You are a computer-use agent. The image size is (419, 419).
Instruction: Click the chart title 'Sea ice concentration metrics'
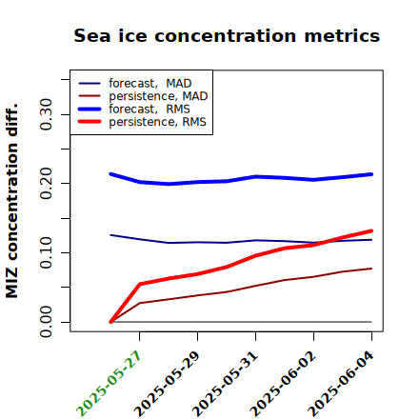(227, 35)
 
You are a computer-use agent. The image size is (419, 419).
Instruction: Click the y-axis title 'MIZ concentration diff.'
(11, 201)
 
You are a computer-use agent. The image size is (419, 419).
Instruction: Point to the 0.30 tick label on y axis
(47, 114)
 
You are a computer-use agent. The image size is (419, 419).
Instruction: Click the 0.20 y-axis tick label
(47, 183)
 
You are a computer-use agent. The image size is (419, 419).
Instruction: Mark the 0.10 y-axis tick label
(47, 252)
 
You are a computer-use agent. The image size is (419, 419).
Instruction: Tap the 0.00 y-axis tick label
(47, 322)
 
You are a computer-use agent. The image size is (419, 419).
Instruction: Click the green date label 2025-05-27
(109, 384)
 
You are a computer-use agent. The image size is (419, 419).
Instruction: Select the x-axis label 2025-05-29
(167, 384)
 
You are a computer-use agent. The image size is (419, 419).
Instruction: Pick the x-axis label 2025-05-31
(225, 384)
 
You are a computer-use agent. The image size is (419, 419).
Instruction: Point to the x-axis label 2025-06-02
(283, 384)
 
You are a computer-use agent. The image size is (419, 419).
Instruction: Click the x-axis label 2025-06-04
(341, 384)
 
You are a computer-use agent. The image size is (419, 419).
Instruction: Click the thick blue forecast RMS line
(241, 179)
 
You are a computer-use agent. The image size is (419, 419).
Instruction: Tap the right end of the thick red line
(371, 230)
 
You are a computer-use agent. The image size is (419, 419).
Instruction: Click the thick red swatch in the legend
(90, 122)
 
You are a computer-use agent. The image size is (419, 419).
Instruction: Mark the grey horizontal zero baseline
(241, 322)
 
